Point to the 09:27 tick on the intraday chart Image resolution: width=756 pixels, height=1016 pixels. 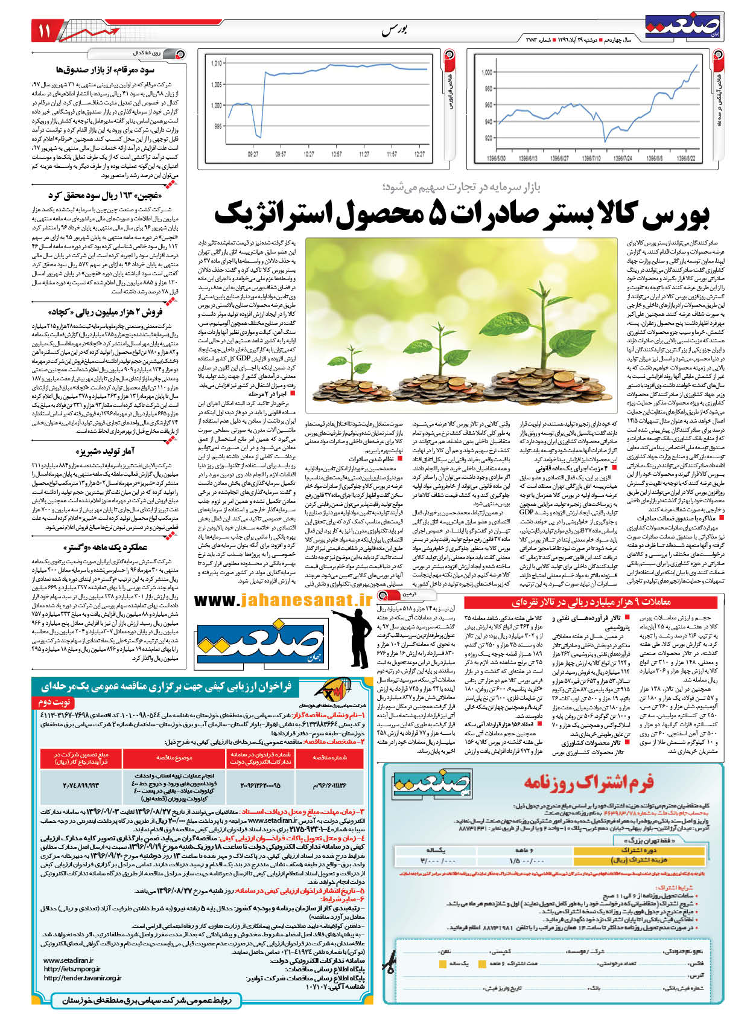point(253,154)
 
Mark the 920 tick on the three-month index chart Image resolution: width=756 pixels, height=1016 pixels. point(487,138)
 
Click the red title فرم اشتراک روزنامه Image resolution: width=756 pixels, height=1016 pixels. point(588,783)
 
